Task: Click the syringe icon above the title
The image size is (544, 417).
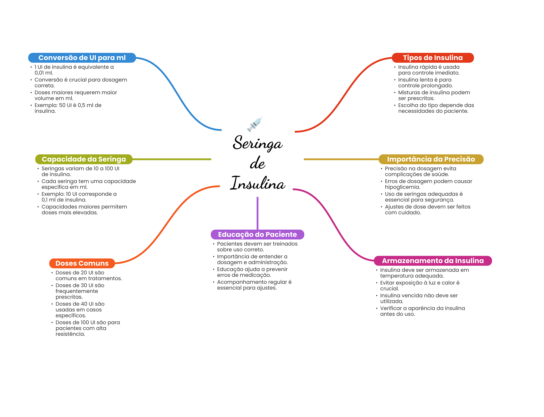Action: (255, 124)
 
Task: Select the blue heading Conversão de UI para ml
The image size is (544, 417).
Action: (82, 58)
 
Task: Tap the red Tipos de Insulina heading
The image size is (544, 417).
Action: (433, 58)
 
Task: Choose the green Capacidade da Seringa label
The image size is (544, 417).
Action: (84, 159)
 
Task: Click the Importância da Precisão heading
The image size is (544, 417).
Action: (431, 159)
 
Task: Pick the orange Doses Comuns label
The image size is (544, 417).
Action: (82, 263)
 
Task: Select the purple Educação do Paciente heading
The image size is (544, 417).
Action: (257, 234)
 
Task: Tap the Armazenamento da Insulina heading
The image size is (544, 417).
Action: (433, 261)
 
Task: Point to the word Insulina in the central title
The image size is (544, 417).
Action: (258, 183)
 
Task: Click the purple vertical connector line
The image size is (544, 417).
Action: (257, 213)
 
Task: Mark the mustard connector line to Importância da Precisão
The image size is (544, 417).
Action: (341, 159)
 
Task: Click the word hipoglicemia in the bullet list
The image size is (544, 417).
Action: (402, 187)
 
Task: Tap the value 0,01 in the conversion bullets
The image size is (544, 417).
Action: (40, 73)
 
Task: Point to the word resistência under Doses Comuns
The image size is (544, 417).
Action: (70, 334)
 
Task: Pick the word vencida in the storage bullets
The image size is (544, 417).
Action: (412, 296)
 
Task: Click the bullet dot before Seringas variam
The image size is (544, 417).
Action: (38, 169)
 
